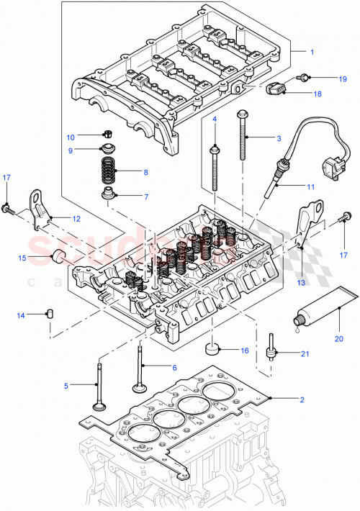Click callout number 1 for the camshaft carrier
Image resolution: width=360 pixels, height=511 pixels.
click(312, 53)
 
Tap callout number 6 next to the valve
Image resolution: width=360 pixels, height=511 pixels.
click(173, 367)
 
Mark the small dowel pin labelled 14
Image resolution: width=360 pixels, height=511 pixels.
click(50, 314)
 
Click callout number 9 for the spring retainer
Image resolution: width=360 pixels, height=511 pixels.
click(71, 150)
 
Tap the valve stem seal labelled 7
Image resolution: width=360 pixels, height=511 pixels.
click(110, 194)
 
